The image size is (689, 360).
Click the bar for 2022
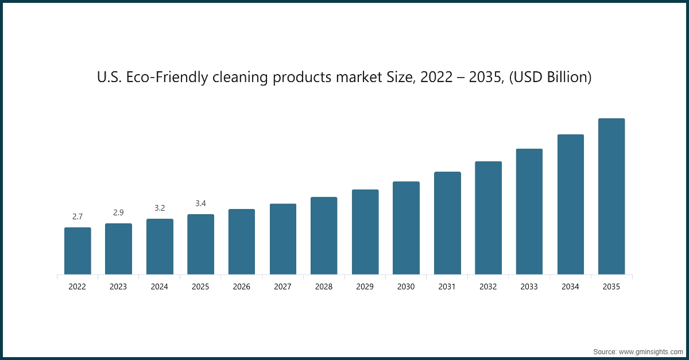[x=78, y=251]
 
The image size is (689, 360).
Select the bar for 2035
[x=611, y=196]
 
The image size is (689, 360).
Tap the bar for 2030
[x=406, y=228]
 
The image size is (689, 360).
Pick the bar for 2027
[x=283, y=239]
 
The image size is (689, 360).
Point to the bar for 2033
[x=529, y=211]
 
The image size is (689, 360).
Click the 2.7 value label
[x=78, y=216]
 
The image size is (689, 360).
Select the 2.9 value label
[x=118, y=212]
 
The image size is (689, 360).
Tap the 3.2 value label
[x=160, y=208]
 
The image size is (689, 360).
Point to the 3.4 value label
[x=200, y=203]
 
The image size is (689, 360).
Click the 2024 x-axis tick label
[x=160, y=287]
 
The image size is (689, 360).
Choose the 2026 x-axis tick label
[x=242, y=287]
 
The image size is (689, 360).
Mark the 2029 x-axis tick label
[x=365, y=287]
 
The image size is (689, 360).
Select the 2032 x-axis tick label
[x=488, y=287]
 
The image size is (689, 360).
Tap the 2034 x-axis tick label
[x=570, y=287]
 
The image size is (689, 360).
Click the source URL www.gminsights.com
[x=651, y=351]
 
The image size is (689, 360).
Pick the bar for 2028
[x=324, y=235]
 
